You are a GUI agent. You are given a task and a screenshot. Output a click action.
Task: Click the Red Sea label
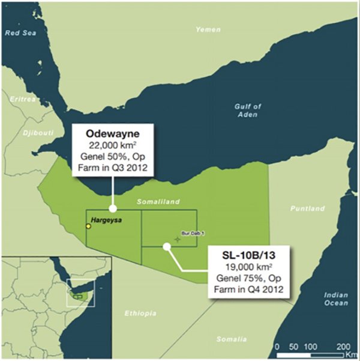(x=22, y=33)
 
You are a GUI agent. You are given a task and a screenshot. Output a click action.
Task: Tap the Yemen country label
(x=208, y=29)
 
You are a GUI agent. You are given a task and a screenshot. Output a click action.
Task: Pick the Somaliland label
(x=158, y=202)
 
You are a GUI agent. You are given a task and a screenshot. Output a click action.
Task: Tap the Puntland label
(x=307, y=208)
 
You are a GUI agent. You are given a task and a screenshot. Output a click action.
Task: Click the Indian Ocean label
(x=335, y=299)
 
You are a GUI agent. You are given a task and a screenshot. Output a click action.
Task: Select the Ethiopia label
(x=141, y=314)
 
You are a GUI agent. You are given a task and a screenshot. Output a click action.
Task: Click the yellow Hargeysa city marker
(x=89, y=226)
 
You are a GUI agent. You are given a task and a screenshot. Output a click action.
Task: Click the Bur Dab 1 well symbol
(x=177, y=239)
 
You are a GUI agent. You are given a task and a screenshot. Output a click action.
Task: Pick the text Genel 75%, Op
(x=247, y=278)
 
